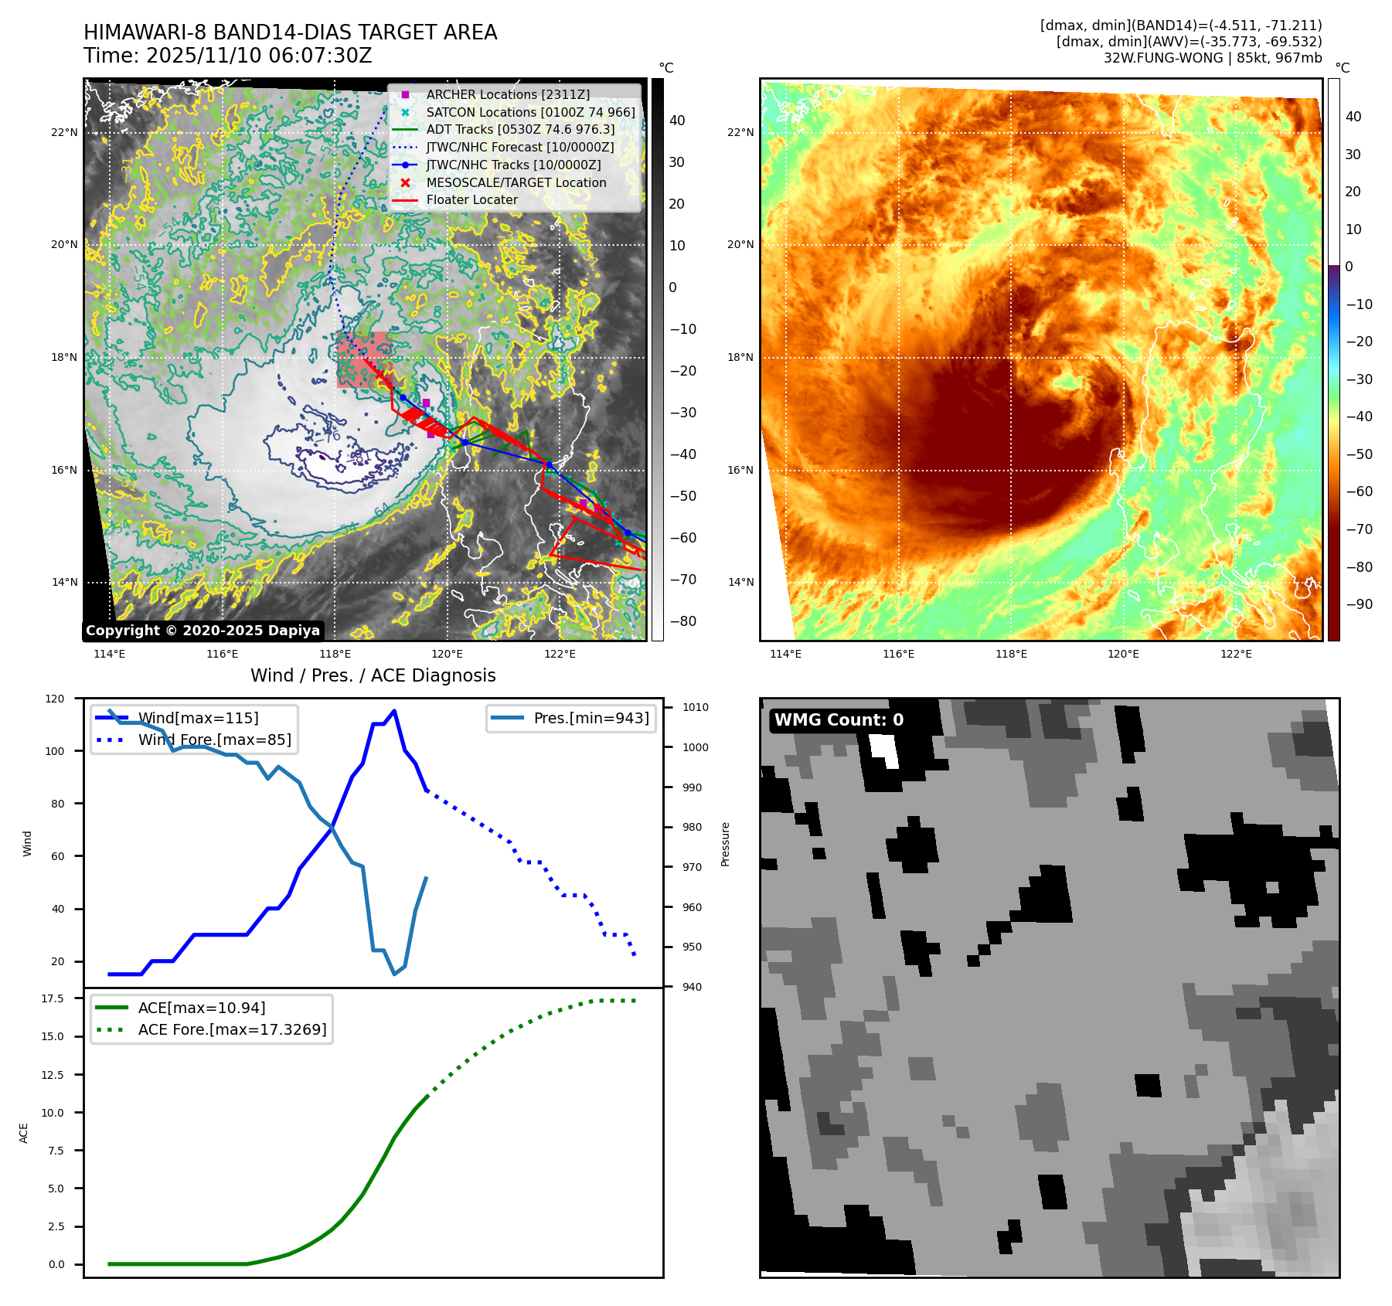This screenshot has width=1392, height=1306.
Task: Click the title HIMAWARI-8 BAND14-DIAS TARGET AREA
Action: pos(290,32)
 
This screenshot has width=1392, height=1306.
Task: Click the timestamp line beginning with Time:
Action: pos(228,56)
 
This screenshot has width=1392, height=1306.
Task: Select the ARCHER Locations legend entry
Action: pos(507,94)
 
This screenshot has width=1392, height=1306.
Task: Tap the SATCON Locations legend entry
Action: pos(530,112)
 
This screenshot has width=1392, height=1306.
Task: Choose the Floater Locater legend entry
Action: pos(471,199)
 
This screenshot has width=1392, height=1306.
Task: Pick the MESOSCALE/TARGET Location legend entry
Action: pos(516,182)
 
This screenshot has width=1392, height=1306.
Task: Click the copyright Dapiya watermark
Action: pos(203,631)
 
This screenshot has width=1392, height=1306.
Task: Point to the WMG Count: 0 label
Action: pos(839,720)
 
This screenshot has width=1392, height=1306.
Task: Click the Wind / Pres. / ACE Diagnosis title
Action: pos(373,675)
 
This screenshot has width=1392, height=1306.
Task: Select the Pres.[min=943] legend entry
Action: pos(590,718)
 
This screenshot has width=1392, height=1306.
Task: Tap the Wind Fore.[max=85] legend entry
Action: pos(214,740)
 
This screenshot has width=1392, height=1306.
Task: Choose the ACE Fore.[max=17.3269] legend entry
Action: pos(232,1029)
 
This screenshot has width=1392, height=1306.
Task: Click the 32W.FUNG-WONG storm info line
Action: pos(1212,58)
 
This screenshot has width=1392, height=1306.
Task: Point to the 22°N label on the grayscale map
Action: pos(65,132)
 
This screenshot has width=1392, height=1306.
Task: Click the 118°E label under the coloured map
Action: pos(1011,654)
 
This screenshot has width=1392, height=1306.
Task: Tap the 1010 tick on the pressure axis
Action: pos(696,707)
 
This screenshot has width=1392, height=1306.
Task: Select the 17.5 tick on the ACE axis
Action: pos(53,998)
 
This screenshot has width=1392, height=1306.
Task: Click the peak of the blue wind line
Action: pos(394,710)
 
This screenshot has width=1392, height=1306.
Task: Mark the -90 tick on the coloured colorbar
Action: pos(1359,604)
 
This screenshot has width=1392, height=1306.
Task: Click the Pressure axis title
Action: pos(726,844)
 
